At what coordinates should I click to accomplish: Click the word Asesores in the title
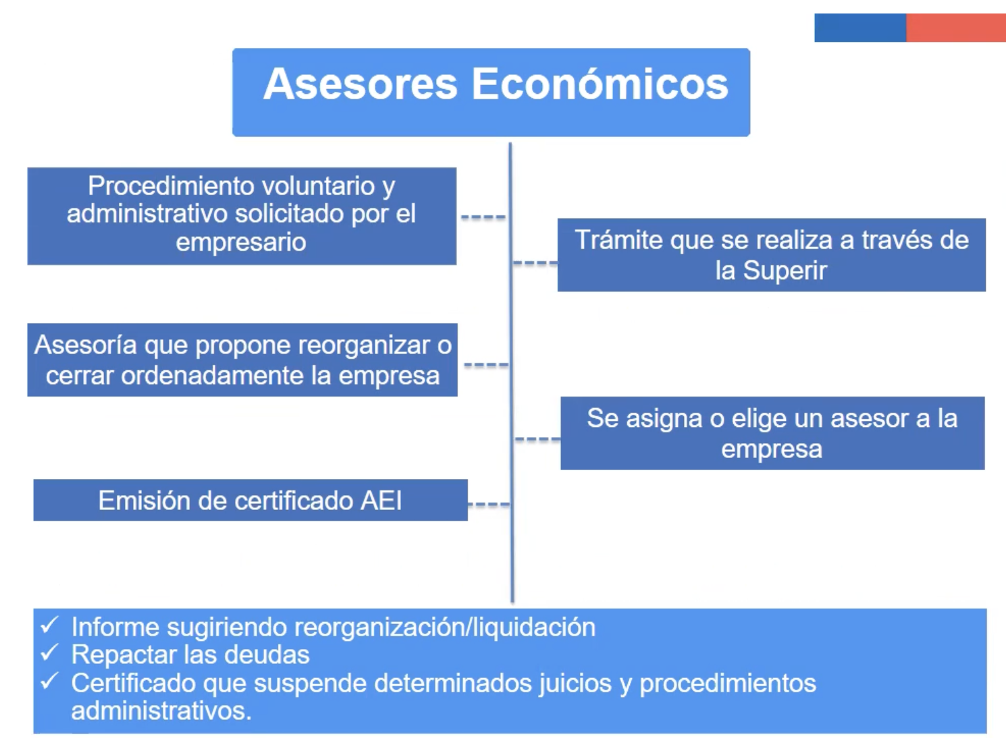[360, 84]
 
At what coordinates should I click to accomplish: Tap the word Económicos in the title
[600, 84]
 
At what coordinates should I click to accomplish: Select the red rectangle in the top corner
[956, 28]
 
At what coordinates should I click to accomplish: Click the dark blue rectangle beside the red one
[860, 28]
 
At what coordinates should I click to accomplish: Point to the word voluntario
[318, 186]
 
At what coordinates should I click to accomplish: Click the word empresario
[241, 243]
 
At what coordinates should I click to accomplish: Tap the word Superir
[785, 270]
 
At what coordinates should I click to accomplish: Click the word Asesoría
[85, 345]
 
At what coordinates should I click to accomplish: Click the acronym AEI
[381, 501]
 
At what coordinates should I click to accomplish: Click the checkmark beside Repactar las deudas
[49, 653]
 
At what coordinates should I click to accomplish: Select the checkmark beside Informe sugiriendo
[49, 625]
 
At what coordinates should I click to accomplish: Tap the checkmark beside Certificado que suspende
[49, 681]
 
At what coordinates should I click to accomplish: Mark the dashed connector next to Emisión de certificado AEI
[489, 505]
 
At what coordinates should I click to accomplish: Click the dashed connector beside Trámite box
[535, 262]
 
